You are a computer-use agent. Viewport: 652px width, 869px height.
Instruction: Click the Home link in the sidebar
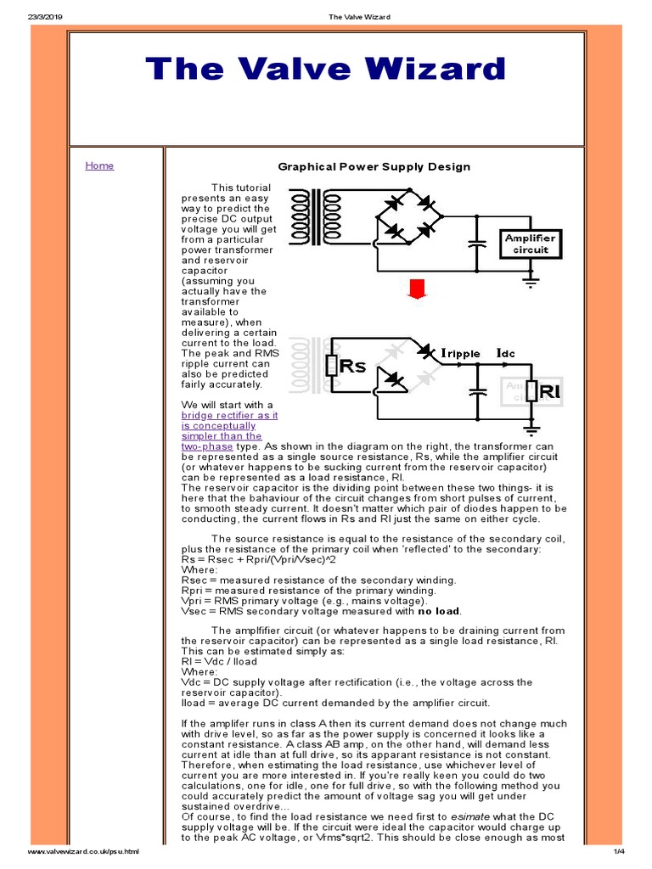(99, 165)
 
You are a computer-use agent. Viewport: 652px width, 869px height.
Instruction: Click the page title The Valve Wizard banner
(325, 70)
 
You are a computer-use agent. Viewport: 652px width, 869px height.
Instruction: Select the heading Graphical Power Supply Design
(374, 166)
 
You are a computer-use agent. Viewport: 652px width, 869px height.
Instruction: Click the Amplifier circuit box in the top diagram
(530, 244)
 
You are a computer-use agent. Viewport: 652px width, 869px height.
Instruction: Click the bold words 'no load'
(436, 611)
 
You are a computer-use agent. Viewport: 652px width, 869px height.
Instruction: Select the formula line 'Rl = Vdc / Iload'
(219, 661)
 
